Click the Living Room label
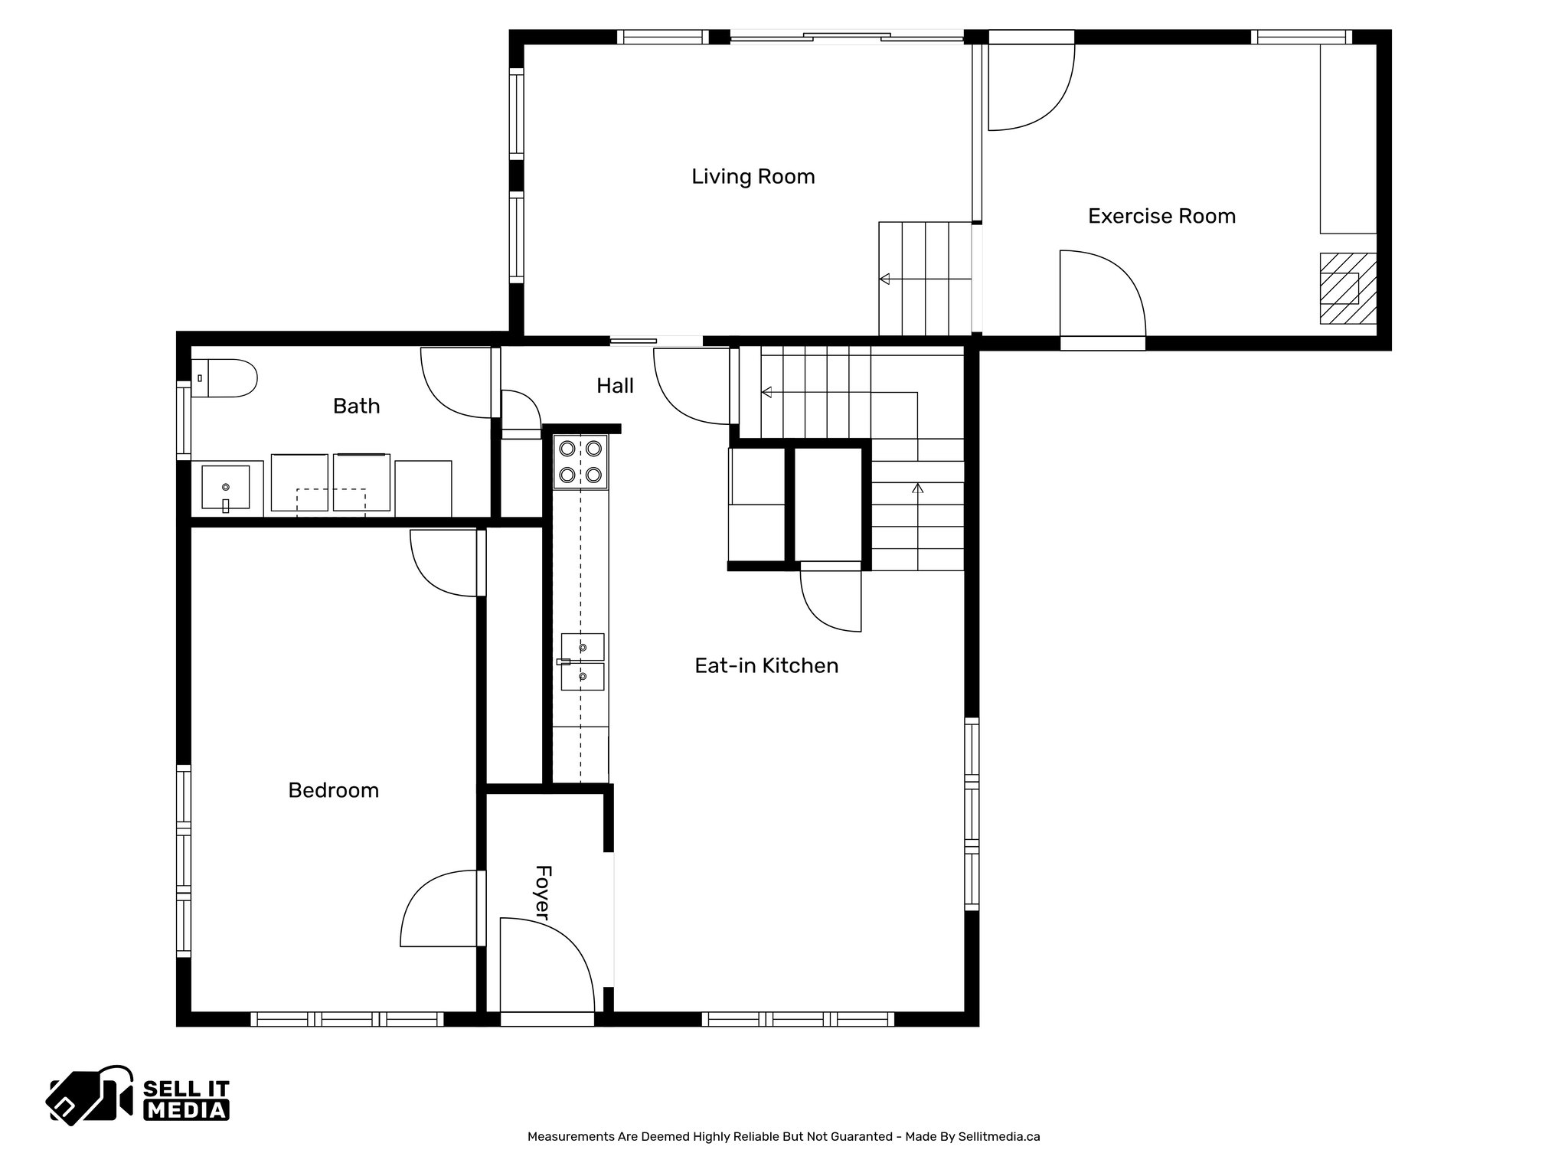753,177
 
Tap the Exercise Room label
1161,217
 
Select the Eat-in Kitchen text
766,666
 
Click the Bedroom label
333,790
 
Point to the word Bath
356,406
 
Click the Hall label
615,386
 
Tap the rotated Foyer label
542,893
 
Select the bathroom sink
225,488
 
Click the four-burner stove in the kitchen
580,462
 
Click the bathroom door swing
456,383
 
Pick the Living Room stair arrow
885,279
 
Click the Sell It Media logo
139,1097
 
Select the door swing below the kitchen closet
831,601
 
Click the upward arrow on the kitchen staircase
918,488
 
